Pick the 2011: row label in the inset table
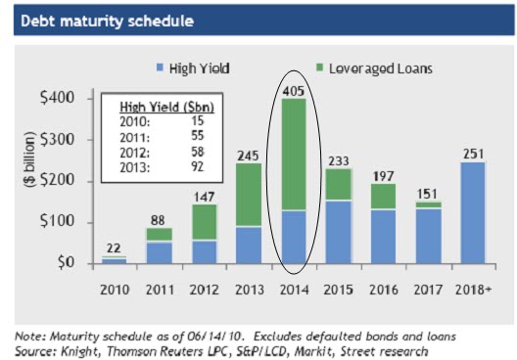point(135,136)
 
